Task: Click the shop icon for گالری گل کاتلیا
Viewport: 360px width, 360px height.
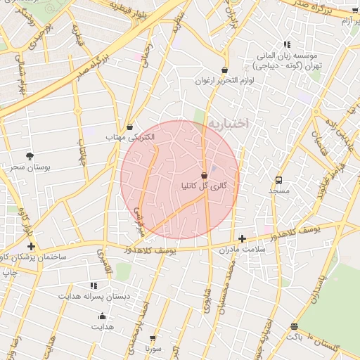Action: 204,174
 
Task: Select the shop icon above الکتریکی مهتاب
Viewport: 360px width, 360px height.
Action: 129,127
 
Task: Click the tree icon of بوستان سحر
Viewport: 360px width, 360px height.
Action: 29,155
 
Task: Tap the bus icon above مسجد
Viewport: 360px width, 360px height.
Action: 278,180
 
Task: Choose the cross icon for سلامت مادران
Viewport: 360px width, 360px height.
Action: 243,239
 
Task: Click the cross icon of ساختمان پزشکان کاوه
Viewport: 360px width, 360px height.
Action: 30,246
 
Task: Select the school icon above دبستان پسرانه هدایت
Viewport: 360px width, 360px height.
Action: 93,285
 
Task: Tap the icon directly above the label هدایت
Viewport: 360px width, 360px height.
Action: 102,316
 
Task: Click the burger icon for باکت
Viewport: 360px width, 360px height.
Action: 293,326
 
